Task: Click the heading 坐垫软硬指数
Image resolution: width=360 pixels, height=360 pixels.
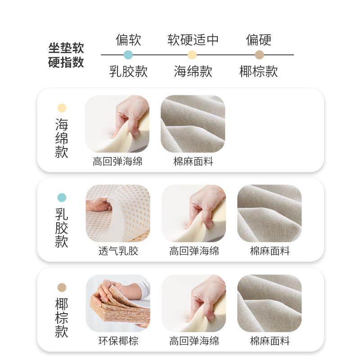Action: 66,55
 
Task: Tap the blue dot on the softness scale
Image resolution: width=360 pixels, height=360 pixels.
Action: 129,55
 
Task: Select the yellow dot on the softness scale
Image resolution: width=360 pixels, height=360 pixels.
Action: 193,55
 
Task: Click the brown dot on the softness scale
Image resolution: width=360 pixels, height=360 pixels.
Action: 259,55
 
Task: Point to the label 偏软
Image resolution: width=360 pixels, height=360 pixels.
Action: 129,40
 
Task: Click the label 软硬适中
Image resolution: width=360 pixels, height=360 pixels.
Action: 193,40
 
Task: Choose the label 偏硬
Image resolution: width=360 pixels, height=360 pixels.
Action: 259,40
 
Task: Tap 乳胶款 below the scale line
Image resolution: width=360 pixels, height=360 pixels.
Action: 129,71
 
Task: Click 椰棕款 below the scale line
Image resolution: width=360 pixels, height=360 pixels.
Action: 259,71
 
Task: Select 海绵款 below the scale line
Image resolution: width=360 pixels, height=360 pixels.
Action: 193,71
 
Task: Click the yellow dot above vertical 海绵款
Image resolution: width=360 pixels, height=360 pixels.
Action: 62,108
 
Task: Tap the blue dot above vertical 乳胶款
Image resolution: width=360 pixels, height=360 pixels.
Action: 62,198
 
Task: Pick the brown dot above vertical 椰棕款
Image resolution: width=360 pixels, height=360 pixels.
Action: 62,287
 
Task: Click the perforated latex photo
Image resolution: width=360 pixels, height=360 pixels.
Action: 118,213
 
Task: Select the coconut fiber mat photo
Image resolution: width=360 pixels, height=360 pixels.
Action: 118,303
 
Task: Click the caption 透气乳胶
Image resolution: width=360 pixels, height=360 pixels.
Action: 118,251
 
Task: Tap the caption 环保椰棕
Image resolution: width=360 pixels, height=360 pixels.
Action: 118,341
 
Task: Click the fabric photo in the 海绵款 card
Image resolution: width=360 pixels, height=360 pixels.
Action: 193,124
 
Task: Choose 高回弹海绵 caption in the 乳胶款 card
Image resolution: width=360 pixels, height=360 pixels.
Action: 194,251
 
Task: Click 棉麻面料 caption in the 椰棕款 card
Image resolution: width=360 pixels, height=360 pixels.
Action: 270,341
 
